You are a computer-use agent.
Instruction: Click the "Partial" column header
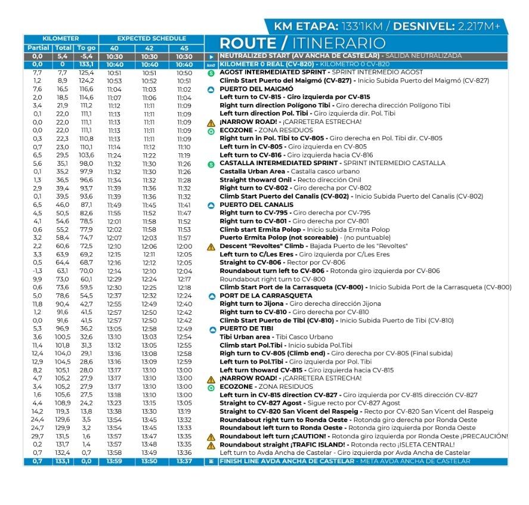[x=37, y=48]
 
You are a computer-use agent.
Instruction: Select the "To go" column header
[x=86, y=48]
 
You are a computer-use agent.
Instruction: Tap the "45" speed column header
[x=184, y=48]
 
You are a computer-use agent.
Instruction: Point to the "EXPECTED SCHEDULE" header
[x=151, y=39]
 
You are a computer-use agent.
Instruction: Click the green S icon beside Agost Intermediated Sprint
[x=211, y=73]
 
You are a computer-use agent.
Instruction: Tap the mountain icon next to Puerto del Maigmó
[x=211, y=89]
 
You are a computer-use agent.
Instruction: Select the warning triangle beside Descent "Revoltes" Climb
[x=211, y=246]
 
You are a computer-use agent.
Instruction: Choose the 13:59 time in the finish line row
[x=114, y=461]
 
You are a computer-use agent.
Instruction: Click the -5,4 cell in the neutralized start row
[x=86, y=56]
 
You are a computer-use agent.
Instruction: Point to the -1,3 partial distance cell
[x=37, y=271]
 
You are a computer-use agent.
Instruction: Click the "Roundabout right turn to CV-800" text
[x=273, y=279]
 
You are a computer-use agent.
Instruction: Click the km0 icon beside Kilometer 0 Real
[x=211, y=64]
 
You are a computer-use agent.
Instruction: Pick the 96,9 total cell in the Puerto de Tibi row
[x=63, y=329]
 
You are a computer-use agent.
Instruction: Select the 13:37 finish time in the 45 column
[x=184, y=461]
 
